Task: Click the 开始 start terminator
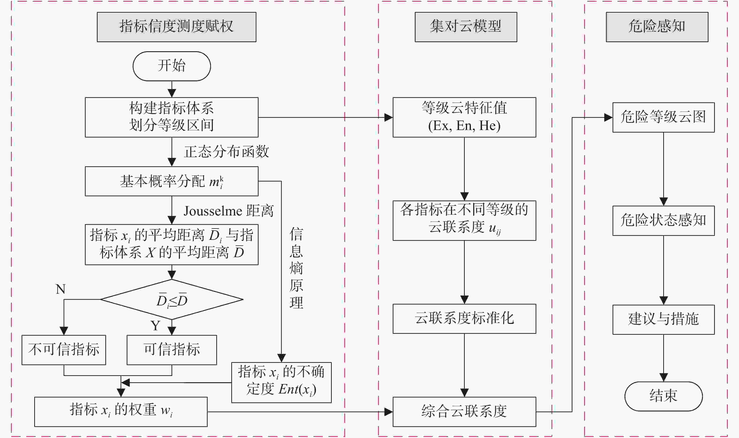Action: click(x=171, y=66)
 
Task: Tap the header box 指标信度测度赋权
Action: click(x=176, y=27)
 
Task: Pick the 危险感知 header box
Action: click(x=657, y=27)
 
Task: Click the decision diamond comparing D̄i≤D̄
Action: click(x=172, y=300)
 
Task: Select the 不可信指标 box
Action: click(x=64, y=350)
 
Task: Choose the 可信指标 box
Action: click(x=172, y=350)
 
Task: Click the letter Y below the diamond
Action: click(x=156, y=326)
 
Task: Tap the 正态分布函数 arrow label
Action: click(x=226, y=152)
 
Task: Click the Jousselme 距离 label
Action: click(x=229, y=211)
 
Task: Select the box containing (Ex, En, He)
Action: click(x=464, y=117)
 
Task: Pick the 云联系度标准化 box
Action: click(x=464, y=319)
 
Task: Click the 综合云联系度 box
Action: click(x=464, y=412)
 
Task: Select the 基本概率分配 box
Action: click(x=171, y=181)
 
